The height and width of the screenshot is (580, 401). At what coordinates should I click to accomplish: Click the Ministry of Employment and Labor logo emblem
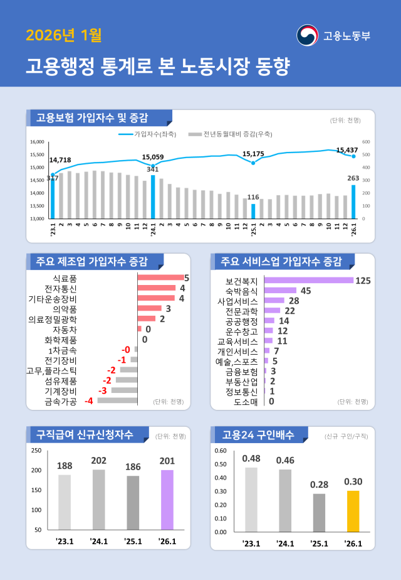pyautogui.click(x=307, y=35)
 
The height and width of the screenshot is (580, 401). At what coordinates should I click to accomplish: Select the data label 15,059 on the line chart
pyautogui.click(x=153, y=157)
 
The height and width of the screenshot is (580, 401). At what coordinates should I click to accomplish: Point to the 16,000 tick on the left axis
pyautogui.click(x=38, y=142)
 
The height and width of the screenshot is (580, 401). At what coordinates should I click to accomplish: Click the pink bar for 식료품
pyautogui.click(x=160, y=277)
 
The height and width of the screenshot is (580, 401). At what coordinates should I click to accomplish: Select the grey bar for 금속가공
pyautogui.click(x=117, y=400)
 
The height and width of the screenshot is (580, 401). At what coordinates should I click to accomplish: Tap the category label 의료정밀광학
pyautogui.click(x=53, y=320)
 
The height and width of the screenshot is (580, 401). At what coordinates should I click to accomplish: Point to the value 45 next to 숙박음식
pyautogui.click(x=306, y=291)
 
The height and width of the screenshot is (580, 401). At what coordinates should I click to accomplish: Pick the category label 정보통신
pyautogui.click(x=242, y=392)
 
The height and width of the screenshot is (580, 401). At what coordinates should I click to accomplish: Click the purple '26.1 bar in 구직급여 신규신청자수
pyautogui.click(x=167, y=500)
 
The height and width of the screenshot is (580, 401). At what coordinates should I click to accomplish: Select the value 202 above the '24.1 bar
pyautogui.click(x=98, y=461)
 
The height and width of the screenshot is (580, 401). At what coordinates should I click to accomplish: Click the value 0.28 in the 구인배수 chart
pyautogui.click(x=319, y=485)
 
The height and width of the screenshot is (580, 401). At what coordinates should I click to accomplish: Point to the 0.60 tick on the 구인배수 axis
pyautogui.click(x=221, y=451)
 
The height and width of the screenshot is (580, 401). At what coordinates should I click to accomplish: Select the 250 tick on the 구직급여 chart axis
pyautogui.click(x=36, y=451)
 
